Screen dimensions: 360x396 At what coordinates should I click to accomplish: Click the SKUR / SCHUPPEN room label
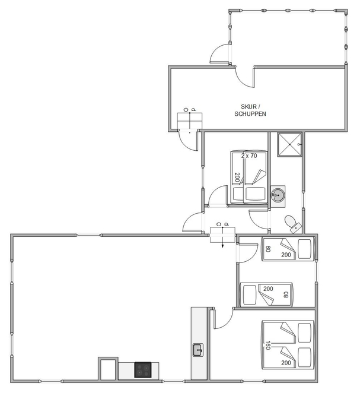coord(250,110)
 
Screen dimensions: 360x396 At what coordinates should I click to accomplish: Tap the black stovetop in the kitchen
coord(143,370)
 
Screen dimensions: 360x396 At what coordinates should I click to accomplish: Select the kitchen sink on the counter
coord(198,350)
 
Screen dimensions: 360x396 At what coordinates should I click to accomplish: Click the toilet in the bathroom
coord(292,224)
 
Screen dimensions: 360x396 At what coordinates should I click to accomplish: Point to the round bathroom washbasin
coord(278,195)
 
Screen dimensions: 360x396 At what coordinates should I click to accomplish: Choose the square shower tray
coord(289,144)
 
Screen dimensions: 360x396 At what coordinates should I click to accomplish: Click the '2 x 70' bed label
coord(249,156)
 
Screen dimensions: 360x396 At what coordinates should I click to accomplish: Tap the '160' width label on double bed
coord(267,345)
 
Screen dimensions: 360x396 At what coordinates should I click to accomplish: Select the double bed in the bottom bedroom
coord(288,345)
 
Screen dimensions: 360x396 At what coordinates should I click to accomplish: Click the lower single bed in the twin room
coord(266,294)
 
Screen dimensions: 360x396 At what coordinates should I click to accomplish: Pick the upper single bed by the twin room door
coord(288,249)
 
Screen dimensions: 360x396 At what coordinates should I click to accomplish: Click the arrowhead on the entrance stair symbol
coord(222,246)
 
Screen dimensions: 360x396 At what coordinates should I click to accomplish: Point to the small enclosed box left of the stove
coord(108,369)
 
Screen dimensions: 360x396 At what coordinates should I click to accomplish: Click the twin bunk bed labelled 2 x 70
coord(249,178)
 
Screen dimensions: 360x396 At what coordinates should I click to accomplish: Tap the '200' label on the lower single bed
coord(268,289)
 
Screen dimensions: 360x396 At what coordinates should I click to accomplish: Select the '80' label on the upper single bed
coord(268,249)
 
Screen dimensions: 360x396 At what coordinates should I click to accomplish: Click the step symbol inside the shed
coord(190,121)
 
